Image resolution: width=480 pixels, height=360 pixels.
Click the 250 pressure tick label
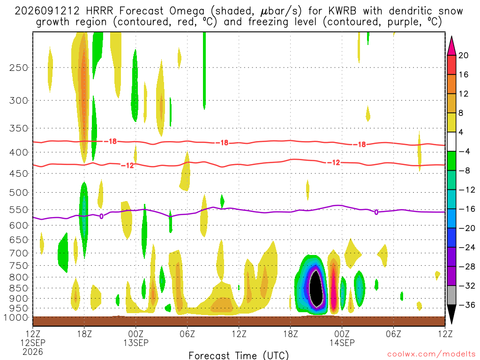click(18, 67)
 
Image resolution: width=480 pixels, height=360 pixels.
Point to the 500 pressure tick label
click(18, 193)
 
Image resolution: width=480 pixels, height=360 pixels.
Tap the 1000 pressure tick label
click(16, 318)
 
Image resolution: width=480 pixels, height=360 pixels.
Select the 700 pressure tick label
click(18, 253)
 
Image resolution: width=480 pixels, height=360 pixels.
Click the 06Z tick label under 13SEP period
click(187, 333)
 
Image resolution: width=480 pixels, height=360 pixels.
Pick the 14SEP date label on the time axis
click(342, 343)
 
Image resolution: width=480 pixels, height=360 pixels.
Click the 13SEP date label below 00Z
click(135, 343)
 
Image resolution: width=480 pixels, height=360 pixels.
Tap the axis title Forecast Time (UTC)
click(239, 355)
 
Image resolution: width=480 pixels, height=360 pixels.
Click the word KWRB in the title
click(342, 11)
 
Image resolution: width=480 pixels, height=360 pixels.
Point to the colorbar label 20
click(464, 55)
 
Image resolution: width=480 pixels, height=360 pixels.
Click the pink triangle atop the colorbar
click(451, 46)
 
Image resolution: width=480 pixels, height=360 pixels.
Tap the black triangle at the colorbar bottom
click(451, 314)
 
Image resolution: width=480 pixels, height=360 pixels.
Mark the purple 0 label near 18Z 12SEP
click(101, 217)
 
